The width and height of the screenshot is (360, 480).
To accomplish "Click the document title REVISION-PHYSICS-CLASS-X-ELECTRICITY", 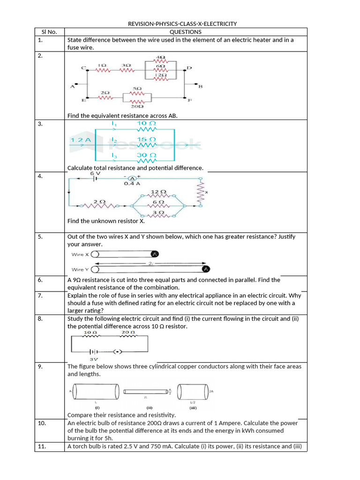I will pyautogui.click(x=182, y=24).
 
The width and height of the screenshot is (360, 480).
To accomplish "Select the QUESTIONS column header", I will pyautogui.click(x=186, y=32).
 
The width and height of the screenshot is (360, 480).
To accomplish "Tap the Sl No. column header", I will pyautogui.click(x=49, y=32).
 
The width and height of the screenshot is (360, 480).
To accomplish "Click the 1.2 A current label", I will pyautogui.click(x=80, y=140).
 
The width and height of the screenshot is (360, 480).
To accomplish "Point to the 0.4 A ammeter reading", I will pyautogui.click(x=132, y=184).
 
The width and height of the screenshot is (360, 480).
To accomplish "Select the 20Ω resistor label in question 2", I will pyautogui.click(x=137, y=106).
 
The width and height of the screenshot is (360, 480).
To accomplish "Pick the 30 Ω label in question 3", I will pyautogui.click(x=146, y=155).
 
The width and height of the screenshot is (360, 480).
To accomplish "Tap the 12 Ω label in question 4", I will pyautogui.click(x=158, y=192).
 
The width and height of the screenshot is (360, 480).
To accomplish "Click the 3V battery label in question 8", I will pyautogui.click(x=94, y=359).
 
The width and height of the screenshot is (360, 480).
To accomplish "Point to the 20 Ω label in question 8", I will pyautogui.click(x=128, y=332).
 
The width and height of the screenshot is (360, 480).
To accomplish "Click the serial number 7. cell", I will pyautogui.click(x=40, y=295).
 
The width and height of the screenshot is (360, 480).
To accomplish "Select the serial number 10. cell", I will pyautogui.click(x=42, y=423).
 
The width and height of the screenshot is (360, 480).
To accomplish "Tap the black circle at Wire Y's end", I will pyautogui.click(x=205, y=269).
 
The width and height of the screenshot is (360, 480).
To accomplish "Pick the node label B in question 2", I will pyautogui.click(x=200, y=87).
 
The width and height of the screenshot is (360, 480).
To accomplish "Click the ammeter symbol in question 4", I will pyautogui.click(x=132, y=179).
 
